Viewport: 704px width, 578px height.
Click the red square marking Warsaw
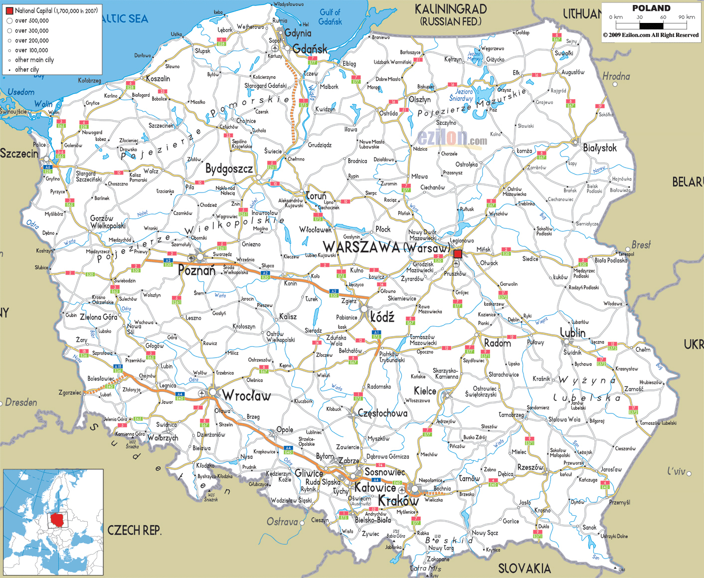click(458, 254)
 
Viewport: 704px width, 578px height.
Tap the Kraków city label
click(398, 501)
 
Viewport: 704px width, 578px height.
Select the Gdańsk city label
click(310, 49)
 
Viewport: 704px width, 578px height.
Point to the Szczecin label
click(19, 154)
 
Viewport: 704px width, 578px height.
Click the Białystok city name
click(600, 148)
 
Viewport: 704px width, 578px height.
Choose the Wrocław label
click(246, 396)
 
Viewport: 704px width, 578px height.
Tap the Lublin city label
click(572, 333)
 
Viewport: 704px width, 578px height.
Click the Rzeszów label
click(530, 467)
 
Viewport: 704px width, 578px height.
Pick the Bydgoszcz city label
click(229, 169)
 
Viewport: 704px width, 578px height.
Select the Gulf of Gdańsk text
click(330, 17)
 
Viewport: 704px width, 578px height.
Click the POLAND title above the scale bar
click(651, 8)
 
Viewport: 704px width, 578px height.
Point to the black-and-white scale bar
click(651, 25)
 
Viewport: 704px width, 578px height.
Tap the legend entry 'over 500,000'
click(31, 21)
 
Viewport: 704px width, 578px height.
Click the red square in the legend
click(9, 10)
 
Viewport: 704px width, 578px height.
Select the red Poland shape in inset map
click(58, 520)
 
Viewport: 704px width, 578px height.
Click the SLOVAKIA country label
click(524, 569)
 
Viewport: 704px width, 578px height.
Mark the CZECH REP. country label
click(135, 530)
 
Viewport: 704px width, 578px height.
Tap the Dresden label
click(21, 402)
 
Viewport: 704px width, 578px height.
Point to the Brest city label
click(641, 245)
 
